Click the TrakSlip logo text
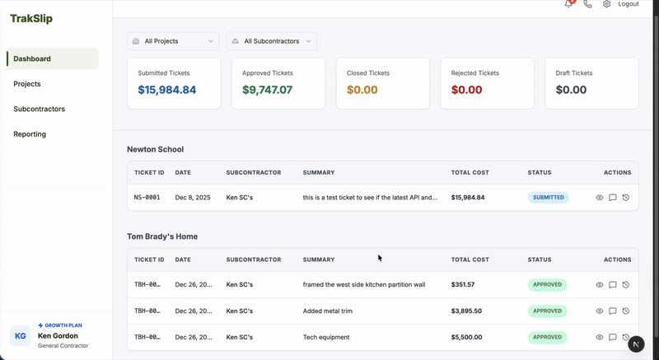coord(31,18)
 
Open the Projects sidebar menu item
coord(27,84)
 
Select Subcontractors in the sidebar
coord(39,109)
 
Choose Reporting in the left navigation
coord(30,133)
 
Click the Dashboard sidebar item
coord(32,58)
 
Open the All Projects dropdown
coord(173,40)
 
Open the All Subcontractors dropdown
coord(272,40)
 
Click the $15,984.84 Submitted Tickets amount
coord(167,90)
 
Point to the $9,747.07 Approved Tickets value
coord(268,90)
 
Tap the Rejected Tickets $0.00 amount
coord(466,90)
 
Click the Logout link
coord(629,4)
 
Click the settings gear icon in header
coord(607,4)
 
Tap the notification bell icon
coord(568,4)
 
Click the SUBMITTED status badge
coord(549,198)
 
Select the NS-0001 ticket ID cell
coord(147,198)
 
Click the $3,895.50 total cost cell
coord(466,311)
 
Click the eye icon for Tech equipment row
coord(600,337)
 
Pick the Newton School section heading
coord(156,149)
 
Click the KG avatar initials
coord(21,335)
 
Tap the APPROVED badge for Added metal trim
coord(547,311)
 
